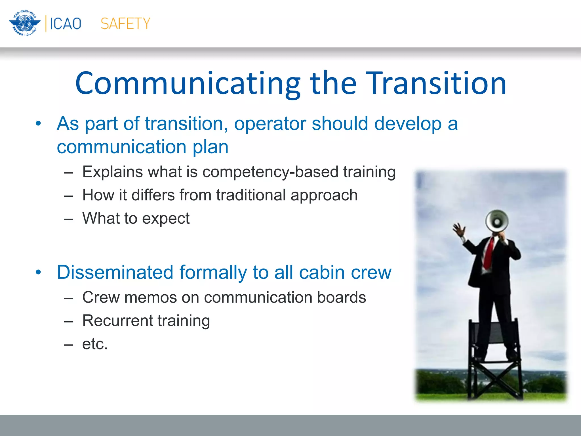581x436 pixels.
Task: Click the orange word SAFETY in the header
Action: pos(125,24)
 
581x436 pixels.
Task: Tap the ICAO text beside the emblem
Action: pos(66,24)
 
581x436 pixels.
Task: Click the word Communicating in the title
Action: pos(187,83)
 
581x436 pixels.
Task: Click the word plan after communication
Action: pos(210,147)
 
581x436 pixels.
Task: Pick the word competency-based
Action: pos(270,172)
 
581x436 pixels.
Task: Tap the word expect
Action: pos(165,219)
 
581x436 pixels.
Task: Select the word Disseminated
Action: pos(115,272)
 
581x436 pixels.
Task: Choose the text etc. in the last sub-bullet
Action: pos(95,344)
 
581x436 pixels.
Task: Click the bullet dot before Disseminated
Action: pos(38,272)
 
